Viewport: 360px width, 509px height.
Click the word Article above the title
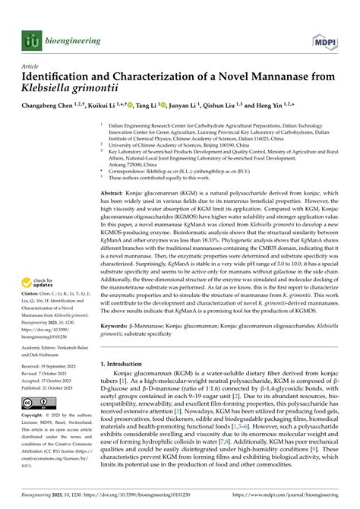[32, 66]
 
